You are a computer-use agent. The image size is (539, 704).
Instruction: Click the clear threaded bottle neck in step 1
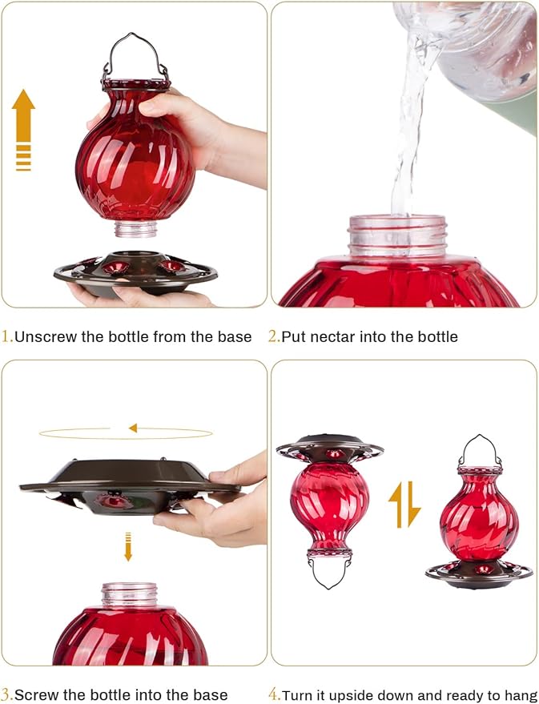tap(135, 228)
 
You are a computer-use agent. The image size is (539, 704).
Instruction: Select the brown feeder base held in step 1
tap(135, 273)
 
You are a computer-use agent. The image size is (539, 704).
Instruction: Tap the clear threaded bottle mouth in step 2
tap(397, 235)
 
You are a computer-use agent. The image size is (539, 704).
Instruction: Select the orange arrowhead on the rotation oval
tap(133, 428)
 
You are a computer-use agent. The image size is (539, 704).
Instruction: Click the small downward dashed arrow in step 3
tap(128, 546)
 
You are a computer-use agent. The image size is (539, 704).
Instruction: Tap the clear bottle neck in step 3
tap(130, 594)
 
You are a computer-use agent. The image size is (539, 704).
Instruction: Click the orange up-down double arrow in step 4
tap(404, 505)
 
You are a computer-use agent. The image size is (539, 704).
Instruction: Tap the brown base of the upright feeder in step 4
tap(479, 574)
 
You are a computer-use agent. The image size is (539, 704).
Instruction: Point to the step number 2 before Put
tap(273, 336)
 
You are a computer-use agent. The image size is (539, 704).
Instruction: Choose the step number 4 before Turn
tap(273, 694)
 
